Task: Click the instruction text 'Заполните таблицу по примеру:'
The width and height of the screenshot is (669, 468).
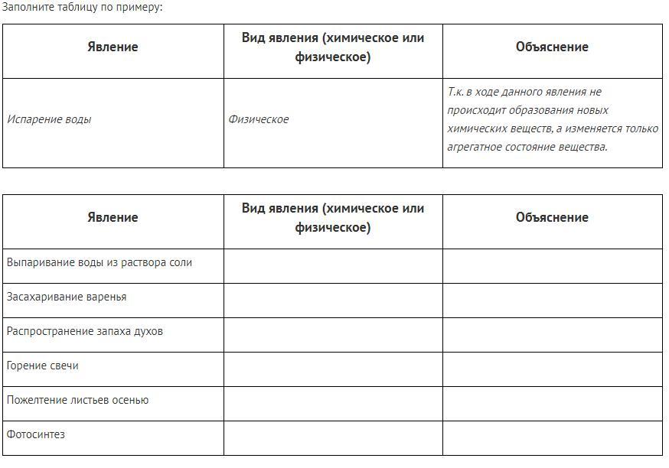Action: [82, 7]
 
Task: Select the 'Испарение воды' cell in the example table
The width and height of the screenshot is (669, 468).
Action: [49, 119]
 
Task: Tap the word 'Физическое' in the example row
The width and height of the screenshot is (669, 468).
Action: [259, 119]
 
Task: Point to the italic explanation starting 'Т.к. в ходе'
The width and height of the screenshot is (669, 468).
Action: [552, 119]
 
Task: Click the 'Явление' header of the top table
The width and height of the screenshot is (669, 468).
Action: [113, 47]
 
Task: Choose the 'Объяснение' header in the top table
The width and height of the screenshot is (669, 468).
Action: [552, 47]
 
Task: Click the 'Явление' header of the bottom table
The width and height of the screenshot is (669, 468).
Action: [113, 217]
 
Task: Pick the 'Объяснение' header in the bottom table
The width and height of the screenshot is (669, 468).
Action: [552, 217]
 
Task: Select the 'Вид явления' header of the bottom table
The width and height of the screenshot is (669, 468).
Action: [333, 217]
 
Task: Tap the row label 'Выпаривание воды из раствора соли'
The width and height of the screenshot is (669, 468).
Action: [100, 262]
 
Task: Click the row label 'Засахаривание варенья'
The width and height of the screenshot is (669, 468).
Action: [67, 297]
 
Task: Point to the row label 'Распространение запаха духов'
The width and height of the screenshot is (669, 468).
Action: [85, 331]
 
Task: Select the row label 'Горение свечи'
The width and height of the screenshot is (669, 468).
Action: [43, 366]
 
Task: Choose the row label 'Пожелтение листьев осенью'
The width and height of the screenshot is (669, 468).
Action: [78, 400]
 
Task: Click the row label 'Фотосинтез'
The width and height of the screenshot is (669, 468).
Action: [36, 434]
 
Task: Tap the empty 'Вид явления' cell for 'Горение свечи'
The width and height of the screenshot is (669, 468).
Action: [333, 369]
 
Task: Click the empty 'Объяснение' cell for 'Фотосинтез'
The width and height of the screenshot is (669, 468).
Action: [552, 438]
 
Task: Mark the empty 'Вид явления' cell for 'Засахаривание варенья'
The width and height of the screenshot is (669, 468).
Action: [333, 301]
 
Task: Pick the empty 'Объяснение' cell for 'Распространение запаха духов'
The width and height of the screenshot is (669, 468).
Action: [552, 335]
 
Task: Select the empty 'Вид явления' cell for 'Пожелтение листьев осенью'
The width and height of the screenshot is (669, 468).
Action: [333, 404]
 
